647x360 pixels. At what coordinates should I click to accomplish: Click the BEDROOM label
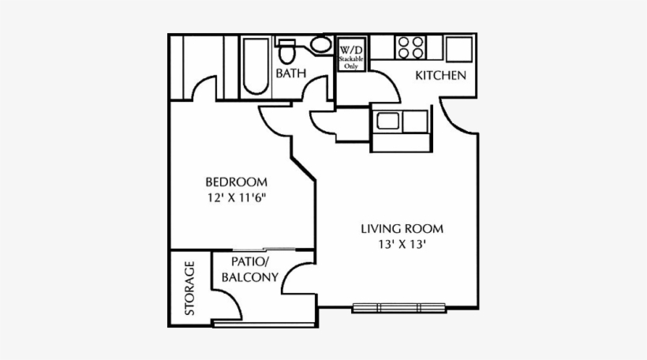[236, 182]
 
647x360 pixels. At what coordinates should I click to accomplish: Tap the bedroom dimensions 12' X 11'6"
[236, 197]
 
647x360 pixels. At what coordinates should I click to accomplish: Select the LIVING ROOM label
[402, 229]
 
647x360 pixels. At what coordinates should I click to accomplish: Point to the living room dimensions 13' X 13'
[402, 245]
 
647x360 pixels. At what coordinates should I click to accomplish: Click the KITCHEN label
[441, 76]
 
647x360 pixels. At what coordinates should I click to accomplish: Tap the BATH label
[291, 73]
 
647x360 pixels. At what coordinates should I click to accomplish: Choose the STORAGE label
[189, 288]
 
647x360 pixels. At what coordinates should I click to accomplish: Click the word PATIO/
[250, 261]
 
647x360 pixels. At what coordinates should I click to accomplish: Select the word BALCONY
[250, 277]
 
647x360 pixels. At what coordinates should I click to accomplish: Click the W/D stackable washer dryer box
[351, 54]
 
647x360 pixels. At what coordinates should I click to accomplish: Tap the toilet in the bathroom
[286, 51]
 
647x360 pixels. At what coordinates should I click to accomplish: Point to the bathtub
[256, 66]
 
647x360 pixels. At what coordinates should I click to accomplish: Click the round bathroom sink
[320, 44]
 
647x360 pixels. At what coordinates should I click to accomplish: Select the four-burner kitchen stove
[410, 47]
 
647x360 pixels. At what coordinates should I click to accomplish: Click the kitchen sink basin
[388, 122]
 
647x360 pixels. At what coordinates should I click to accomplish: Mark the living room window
[399, 308]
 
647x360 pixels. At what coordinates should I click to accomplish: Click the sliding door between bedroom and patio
[264, 249]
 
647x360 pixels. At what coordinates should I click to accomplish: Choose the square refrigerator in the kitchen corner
[459, 49]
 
